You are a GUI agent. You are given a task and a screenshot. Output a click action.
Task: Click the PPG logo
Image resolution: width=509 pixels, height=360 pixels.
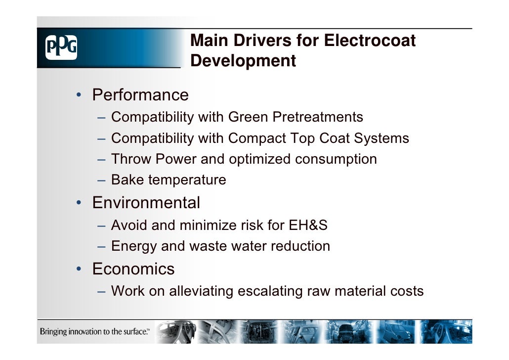61,48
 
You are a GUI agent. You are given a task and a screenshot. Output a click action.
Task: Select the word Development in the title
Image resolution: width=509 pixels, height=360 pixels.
243,61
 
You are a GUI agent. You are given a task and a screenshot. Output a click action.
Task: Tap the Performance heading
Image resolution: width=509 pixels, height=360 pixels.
140,94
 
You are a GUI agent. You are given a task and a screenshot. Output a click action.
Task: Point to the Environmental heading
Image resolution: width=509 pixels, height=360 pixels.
146,203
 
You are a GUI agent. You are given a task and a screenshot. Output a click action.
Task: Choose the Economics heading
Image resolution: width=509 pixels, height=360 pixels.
133,269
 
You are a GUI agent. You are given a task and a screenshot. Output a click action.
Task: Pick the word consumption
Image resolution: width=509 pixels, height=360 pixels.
336,159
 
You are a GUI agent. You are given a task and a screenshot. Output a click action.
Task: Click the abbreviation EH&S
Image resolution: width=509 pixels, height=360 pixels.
308,225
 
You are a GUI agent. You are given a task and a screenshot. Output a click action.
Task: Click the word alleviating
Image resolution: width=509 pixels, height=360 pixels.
202,291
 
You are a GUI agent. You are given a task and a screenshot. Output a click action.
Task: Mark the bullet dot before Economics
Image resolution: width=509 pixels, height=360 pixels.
79,269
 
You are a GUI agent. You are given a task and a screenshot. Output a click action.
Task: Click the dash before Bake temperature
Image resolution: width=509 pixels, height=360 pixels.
101,180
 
